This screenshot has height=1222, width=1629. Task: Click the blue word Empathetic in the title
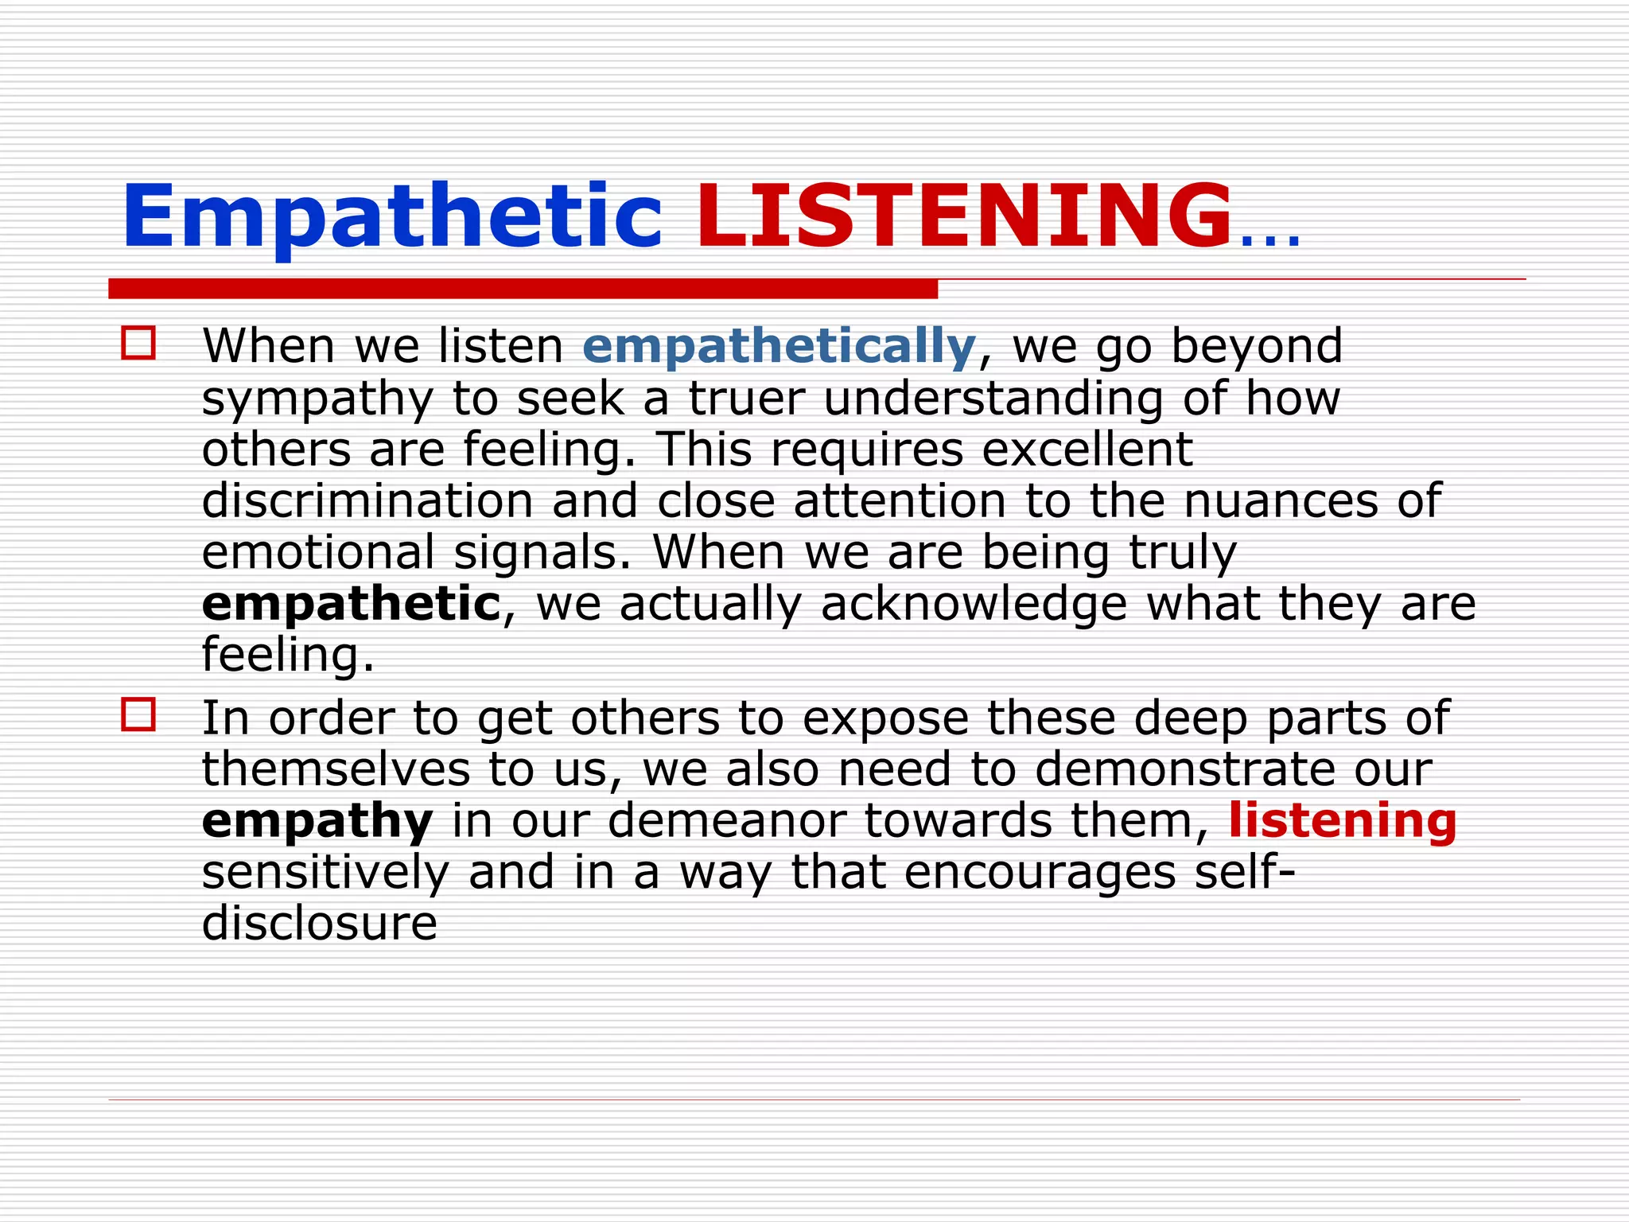pos(391,216)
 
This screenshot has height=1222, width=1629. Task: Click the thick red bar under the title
pos(523,289)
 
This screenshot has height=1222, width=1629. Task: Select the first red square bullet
pos(138,344)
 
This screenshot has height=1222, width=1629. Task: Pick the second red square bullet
pos(138,714)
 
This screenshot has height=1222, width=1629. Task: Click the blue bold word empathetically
pos(779,347)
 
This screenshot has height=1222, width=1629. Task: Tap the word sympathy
pos(317,399)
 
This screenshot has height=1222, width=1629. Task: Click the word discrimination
pos(367,501)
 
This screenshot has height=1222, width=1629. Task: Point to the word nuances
pos(1281,503)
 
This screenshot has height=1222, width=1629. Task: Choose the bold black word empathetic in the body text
pos(351,605)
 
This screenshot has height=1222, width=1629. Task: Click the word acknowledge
pos(974,605)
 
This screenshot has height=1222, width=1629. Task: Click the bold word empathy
pos(317,823)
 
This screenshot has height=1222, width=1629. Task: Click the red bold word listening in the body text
pos(1343,821)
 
